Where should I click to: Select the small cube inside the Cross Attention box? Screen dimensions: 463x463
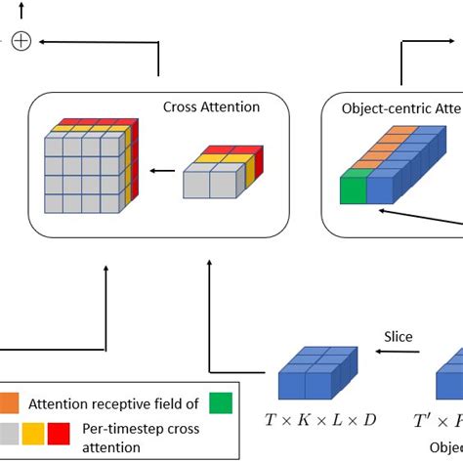point(219,174)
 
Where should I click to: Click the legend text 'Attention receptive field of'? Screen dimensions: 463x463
point(116,400)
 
